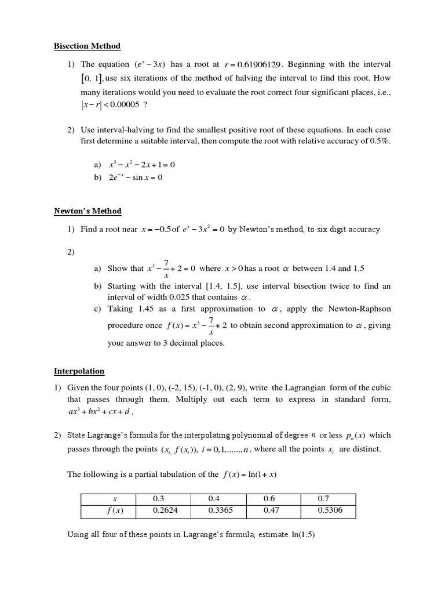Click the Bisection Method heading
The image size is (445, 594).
click(x=87, y=46)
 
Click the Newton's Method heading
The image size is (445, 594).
click(x=87, y=211)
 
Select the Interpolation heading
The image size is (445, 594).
click(x=79, y=371)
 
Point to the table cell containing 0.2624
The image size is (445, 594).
click(x=163, y=511)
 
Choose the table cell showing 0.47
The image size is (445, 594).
click(x=271, y=511)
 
